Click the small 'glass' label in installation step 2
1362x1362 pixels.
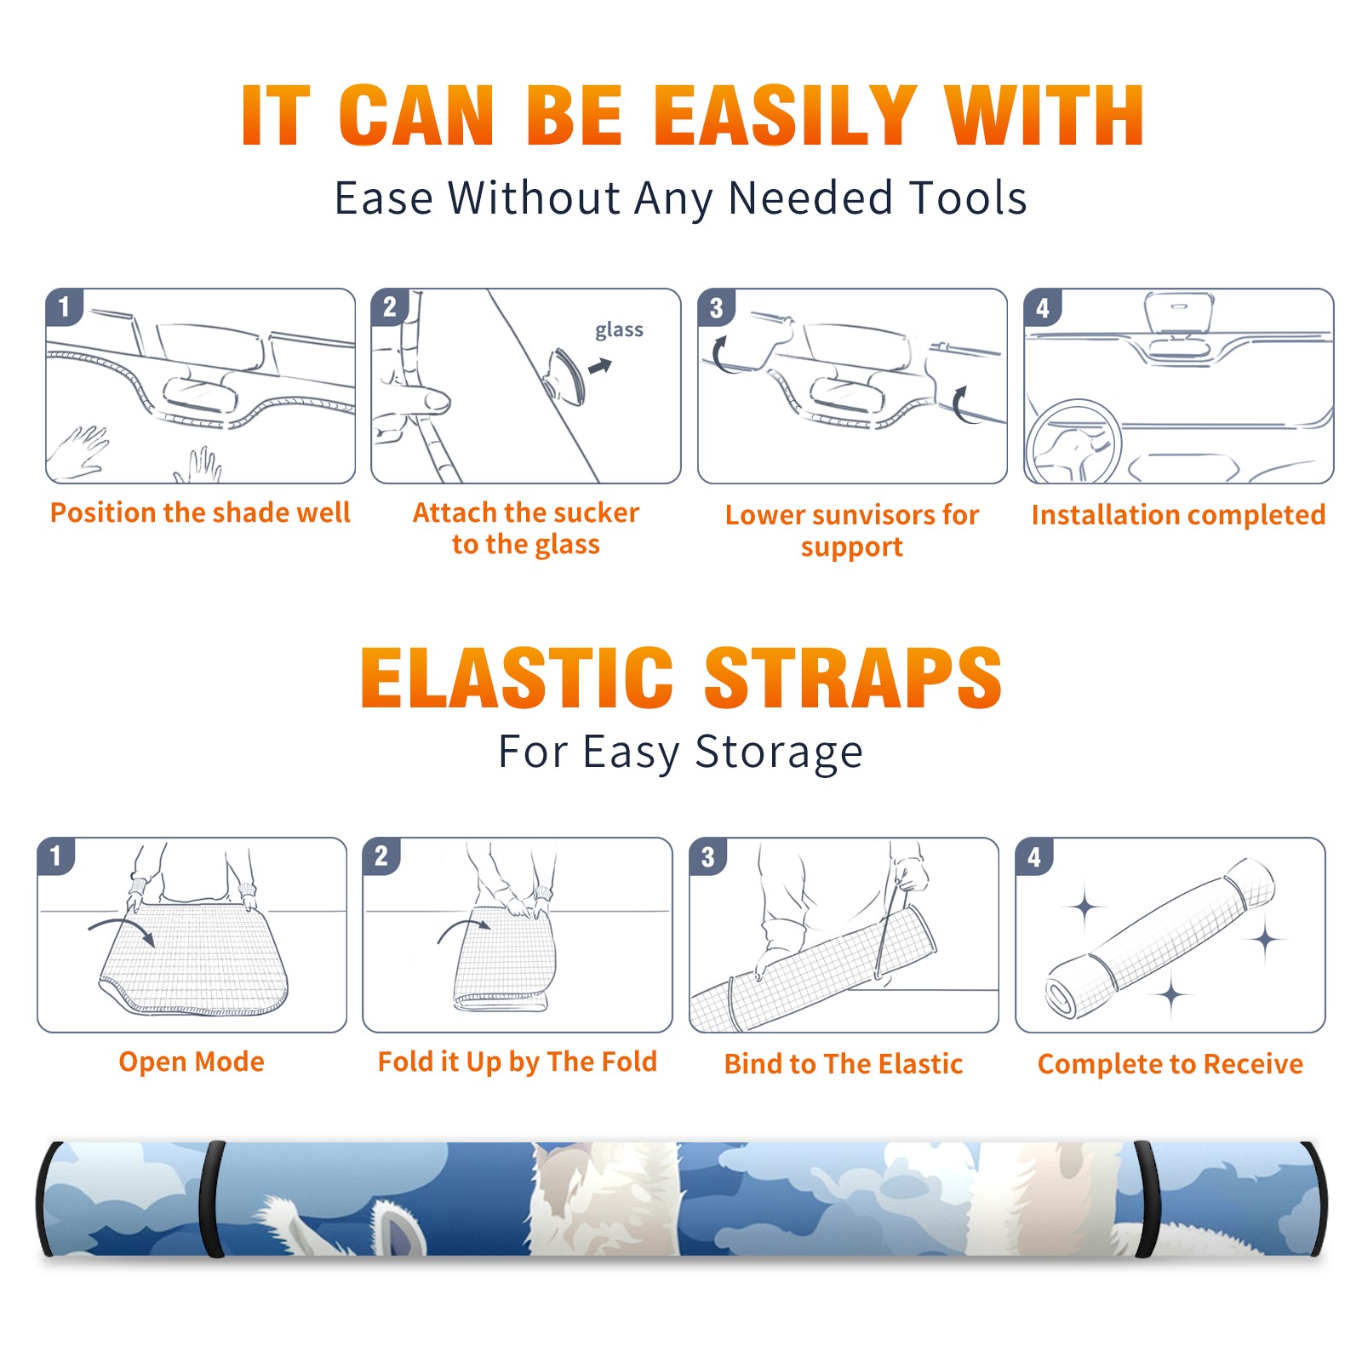point(619,330)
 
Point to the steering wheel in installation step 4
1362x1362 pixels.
point(1073,443)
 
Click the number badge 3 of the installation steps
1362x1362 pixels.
point(716,307)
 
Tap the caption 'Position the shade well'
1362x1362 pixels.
point(200,512)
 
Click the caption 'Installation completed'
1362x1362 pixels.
point(1178,515)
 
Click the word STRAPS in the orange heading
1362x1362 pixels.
point(853,678)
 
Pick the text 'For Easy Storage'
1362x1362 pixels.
point(680,753)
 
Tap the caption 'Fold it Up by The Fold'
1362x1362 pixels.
point(518,1062)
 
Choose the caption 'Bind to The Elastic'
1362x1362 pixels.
point(844,1064)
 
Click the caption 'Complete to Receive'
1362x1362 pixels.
point(1170,1064)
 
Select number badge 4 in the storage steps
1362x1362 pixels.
point(1034,856)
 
